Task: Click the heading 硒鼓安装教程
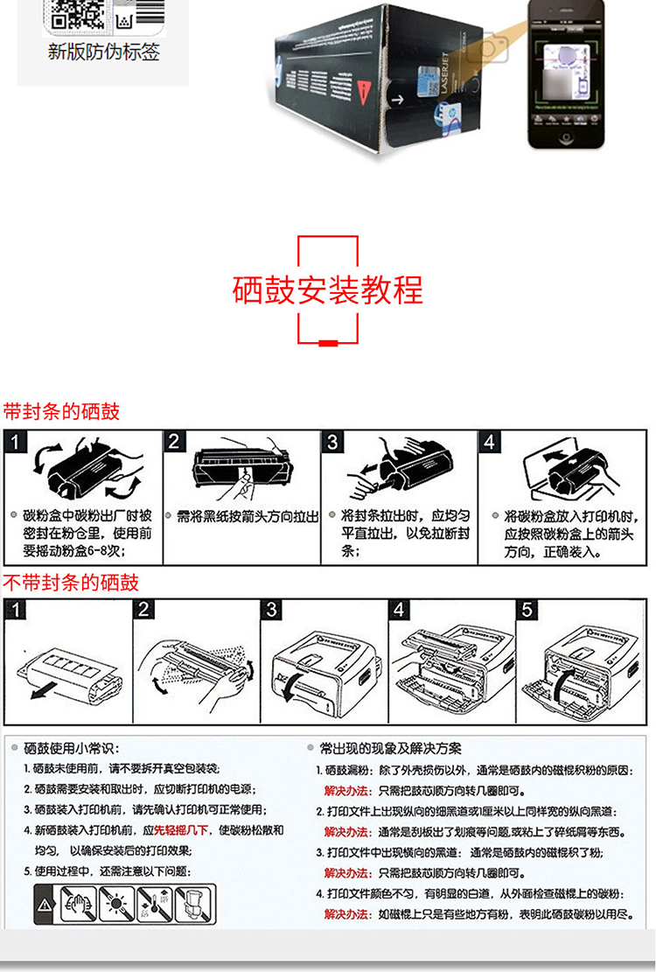328,290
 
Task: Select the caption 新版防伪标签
103,52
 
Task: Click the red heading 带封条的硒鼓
61,411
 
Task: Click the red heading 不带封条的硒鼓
71,583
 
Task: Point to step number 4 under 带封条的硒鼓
490,441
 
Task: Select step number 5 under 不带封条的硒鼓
527,609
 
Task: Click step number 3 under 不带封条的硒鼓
273,609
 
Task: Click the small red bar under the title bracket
329,343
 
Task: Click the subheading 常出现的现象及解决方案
390,748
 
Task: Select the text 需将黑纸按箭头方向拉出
248,517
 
